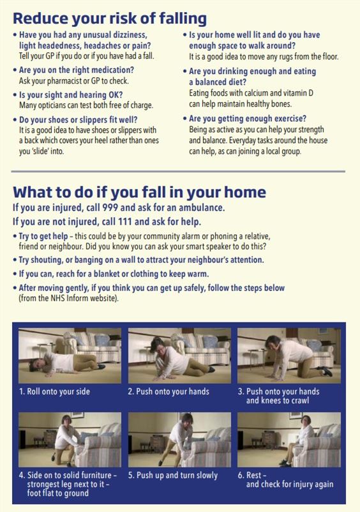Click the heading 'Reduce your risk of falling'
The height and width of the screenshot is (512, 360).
(x=110, y=19)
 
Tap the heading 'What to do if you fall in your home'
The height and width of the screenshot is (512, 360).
(x=139, y=192)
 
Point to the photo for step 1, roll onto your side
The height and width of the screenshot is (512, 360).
(x=70, y=356)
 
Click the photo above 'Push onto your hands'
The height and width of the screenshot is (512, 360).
(x=179, y=356)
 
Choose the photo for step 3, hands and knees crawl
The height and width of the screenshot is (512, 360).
(x=289, y=356)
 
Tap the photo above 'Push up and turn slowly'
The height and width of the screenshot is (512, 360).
(x=179, y=439)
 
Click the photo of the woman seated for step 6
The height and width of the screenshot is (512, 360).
(x=289, y=439)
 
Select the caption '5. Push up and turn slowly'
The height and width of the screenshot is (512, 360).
(x=172, y=476)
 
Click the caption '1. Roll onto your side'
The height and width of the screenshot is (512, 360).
(x=54, y=391)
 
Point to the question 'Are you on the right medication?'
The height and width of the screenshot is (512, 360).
(x=77, y=70)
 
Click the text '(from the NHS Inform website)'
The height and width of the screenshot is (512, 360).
(x=68, y=298)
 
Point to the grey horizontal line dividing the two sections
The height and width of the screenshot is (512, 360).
(x=178, y=171)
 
